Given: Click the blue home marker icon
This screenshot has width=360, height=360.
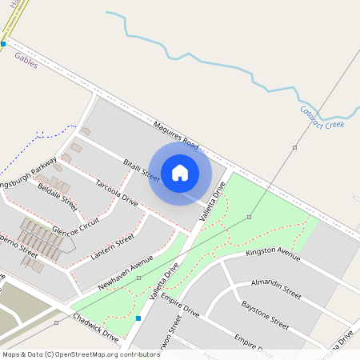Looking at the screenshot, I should (180, 172).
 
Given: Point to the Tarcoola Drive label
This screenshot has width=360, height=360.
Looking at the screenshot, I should (117, 194).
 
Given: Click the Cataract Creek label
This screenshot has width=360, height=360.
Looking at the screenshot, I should (322, 119).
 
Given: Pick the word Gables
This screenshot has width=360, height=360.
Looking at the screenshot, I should (26, 58).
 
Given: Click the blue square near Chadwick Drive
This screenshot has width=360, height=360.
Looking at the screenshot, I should (138, 319).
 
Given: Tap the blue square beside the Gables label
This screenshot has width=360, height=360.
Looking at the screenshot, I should (3, 44).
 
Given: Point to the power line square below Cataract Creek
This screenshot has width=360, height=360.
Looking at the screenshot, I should (294, 148).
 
